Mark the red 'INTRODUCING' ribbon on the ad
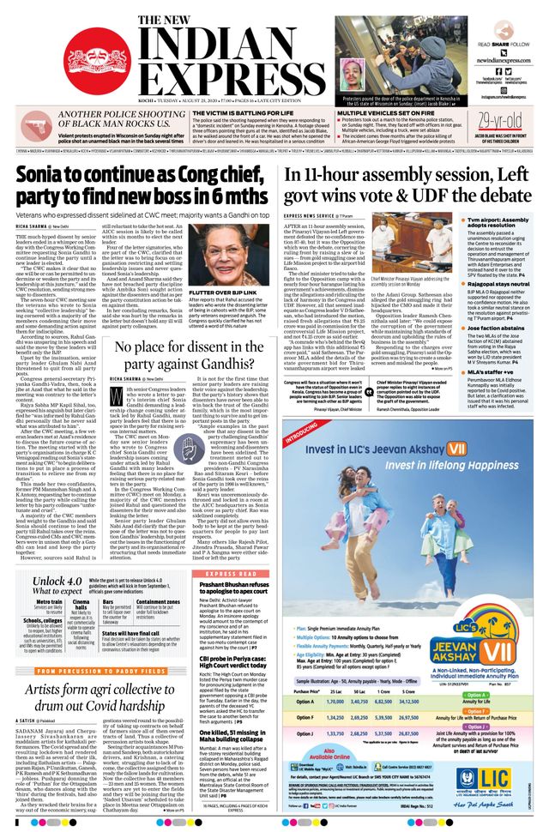305,435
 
